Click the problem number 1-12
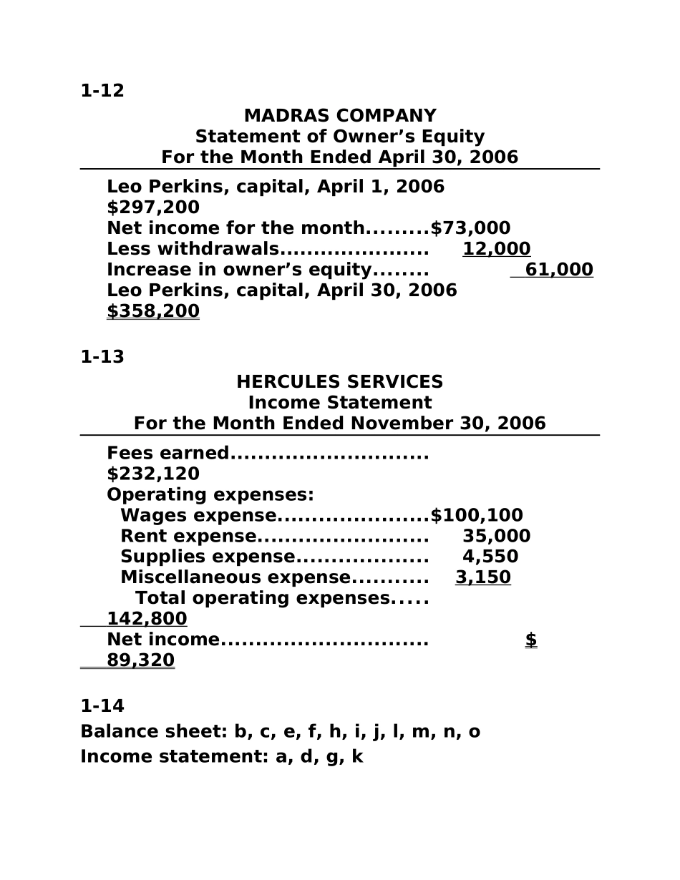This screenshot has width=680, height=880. pos(102,91)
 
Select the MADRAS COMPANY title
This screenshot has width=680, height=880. pos(340,116)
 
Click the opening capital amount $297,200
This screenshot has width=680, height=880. pos(153,207)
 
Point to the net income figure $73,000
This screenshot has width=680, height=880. pos(471,228)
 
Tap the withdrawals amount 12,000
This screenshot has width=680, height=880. pos(497,249)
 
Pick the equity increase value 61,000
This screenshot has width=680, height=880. pos(559,270)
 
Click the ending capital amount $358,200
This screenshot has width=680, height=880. pos(153,311)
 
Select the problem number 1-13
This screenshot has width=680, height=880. pos(102,357)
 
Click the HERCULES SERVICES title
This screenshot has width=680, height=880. pos(340,382)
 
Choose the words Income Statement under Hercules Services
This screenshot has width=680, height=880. pos(340,403)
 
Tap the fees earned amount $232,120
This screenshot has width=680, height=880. pos(153,474)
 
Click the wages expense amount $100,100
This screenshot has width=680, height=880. pos(477,516)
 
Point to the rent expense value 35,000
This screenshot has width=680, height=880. pos(497,537)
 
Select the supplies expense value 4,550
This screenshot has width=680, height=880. pos(490,557)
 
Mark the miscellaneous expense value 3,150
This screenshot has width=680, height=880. pos(483,577)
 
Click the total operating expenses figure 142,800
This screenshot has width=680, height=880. pos(147,619)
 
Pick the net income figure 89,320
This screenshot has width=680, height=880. pos(140,660)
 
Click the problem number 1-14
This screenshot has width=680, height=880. pos(102,706)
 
